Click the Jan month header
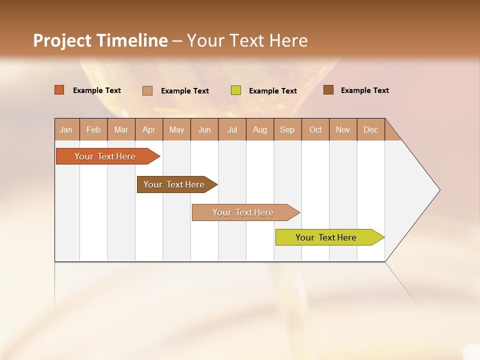click(66, 129)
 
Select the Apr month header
click(148, 129)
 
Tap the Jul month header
click(232, 129)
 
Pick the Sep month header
click(287, 129)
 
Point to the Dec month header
click(370, 129)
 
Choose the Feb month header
click(93, 129)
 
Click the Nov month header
click(343, 129)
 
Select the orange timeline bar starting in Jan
click(105, 156)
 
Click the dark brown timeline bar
click(174, 184)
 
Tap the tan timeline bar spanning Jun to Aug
click(243, 212)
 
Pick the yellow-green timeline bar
click(326, 237)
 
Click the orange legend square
click(59, 90)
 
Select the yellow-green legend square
click(236, 90)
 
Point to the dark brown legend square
click(328, 90)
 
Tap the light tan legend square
click(147, 90)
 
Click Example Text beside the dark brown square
click(364, 90)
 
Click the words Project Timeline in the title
click(100, 40)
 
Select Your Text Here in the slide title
click(247, 40)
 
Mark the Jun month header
click(204, 129)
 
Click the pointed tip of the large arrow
click(438, 190)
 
